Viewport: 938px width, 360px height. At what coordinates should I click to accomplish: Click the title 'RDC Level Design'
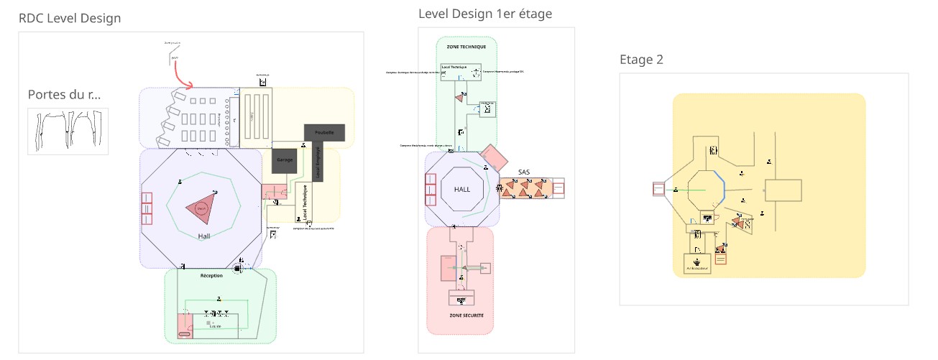(x=70, y=19)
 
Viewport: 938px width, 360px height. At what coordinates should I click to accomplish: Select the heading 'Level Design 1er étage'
(x=485, y=14)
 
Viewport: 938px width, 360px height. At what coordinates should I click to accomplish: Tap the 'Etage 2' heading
(x=641, y=60)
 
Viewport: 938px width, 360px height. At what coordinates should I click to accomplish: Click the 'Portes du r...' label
(x=64, y=95)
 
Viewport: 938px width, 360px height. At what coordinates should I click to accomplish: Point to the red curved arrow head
(x=190, y=86)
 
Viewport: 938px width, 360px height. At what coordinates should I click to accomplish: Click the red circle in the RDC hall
(x=201, y=208)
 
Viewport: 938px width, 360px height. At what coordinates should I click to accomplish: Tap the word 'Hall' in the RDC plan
(x=204, y=236)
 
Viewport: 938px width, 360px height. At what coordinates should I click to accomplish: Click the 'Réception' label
(x=211, y=275)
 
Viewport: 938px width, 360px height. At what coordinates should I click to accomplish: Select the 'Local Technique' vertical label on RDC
(x=305, y=202)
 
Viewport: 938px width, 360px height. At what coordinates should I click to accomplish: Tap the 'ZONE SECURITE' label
(x=466, y=315)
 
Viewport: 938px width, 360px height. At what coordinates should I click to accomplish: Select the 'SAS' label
(x=524, y=172)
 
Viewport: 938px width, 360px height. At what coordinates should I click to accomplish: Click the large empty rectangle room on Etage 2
(x=783, y=190)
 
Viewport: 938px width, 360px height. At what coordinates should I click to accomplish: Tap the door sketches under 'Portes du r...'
(x=68, y=131)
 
